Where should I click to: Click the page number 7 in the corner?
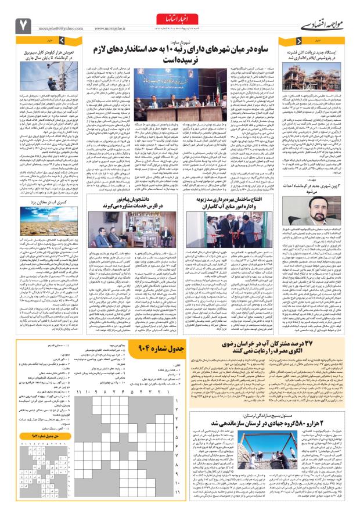point(24,25)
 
